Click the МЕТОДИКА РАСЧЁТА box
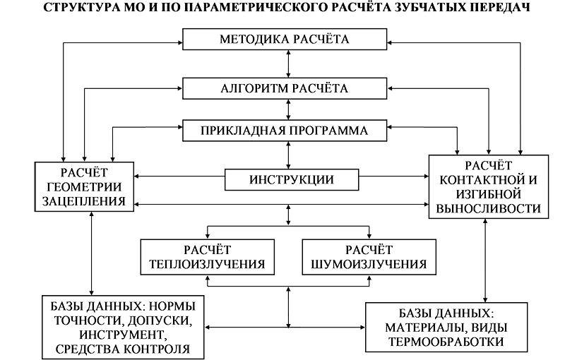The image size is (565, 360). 285,39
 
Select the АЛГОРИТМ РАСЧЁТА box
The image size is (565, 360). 285,88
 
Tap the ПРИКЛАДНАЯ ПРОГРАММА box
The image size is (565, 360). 285,131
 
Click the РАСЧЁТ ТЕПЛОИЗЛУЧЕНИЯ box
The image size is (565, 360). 207,258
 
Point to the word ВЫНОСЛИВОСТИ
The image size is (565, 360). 489,209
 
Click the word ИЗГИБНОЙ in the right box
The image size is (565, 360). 489,193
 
